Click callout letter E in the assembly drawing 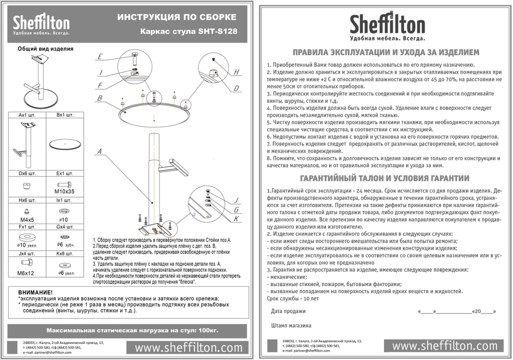(100, 56)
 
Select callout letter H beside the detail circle (236, 72)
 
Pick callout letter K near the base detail (236, 219)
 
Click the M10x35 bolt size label (64, 192)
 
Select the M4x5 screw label (28, 219)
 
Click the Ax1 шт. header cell (28, 115)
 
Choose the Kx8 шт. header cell (64, 254)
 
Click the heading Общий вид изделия (46, 49)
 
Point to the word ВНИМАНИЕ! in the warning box (35, 292)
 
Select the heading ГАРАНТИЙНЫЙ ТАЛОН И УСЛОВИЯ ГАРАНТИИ (384, 178)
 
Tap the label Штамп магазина (291, 325)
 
